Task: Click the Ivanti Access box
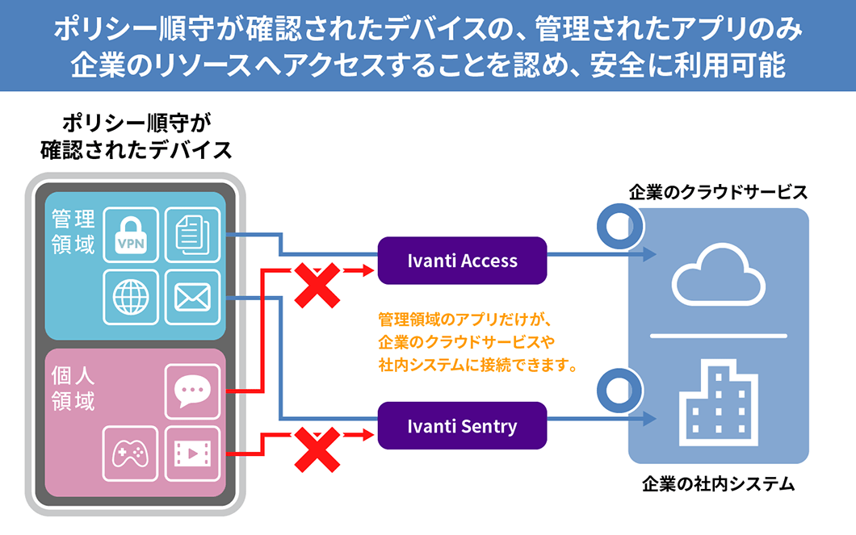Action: click(462, 261)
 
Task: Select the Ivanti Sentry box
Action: click(462, 426)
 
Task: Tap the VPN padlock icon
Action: click(131, 235)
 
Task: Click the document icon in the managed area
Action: click(192, 235)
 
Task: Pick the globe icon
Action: click(131, 297)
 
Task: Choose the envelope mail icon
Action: click(192, 297)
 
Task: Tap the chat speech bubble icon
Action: click(192, 391)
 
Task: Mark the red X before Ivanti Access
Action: click(316, 284)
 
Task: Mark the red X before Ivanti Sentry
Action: click(316, 449)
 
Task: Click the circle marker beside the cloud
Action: click(619, 226)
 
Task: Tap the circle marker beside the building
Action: click(619, 391)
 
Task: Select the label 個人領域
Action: click(73, 389)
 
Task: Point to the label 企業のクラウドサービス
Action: click(718, 192)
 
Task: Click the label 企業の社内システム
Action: click(718, 485)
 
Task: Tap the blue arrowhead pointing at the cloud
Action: click(648, 255)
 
